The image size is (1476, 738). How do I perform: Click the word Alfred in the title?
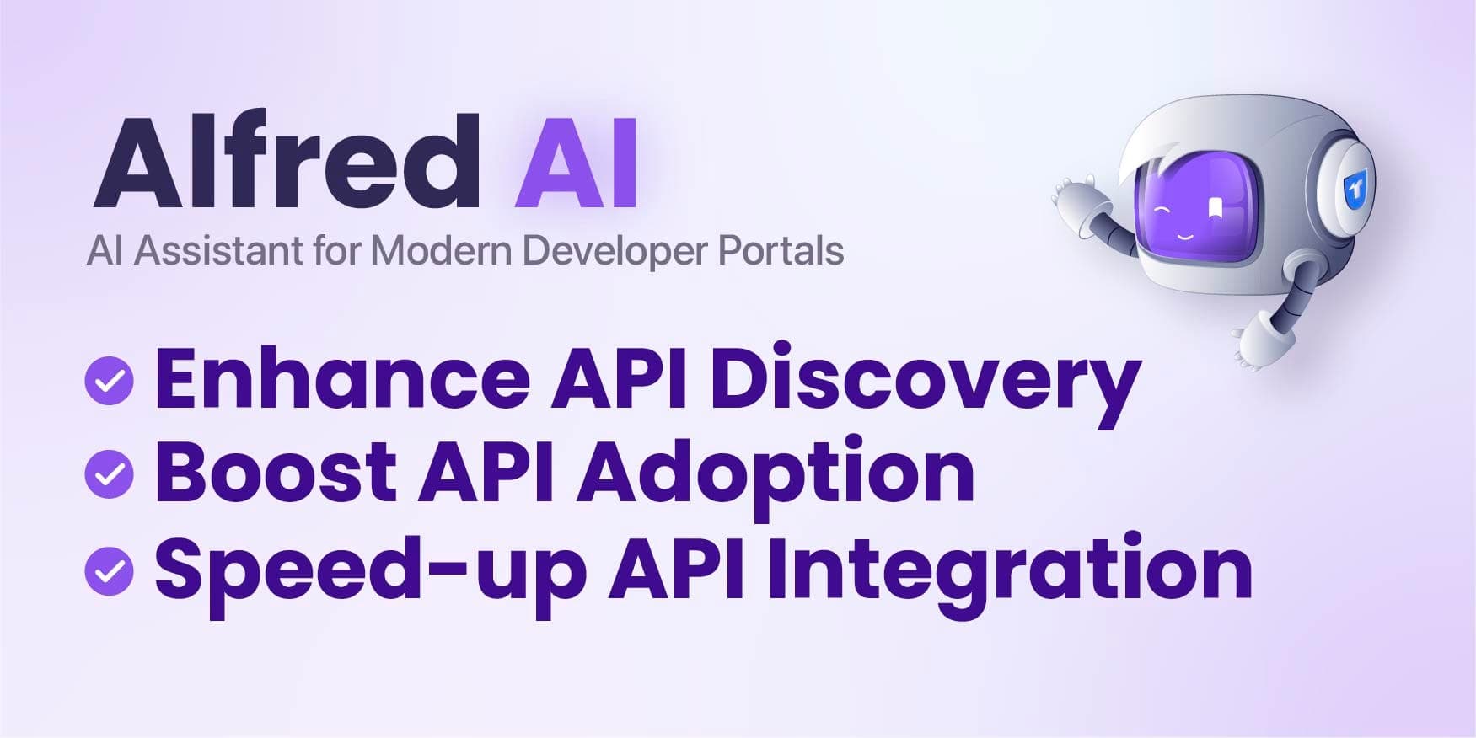tap(287, 162)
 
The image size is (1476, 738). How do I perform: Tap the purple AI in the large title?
tap(576, 162)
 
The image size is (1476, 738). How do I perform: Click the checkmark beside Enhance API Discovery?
tap(110, 381)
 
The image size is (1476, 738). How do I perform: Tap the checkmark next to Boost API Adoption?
tap(110, 474)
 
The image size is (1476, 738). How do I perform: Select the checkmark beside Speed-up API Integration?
tap(110, 571)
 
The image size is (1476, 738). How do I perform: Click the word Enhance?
tap(342, 379)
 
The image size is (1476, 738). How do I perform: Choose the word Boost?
tap(276, 472)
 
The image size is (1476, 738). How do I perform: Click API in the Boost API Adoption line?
tap(486, 472)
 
